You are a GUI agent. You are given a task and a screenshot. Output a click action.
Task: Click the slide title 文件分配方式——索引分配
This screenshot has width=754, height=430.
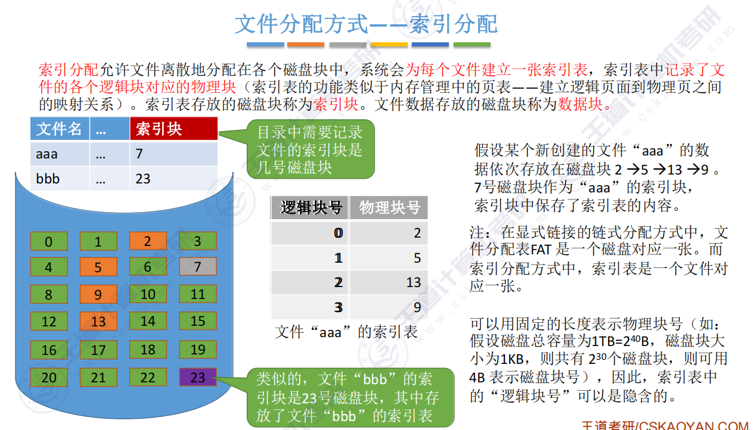pyautogui.click(x=366, y=24)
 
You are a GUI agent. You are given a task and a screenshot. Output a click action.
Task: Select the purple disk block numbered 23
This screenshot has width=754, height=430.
pyautogui.click(x=197, y=377)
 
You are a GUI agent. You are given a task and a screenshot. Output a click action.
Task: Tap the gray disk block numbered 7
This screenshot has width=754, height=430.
pyautogui.click(x=197, y=267)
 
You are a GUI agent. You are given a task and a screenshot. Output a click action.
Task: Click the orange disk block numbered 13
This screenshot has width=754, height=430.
pyautogui.click(x=98, y=322)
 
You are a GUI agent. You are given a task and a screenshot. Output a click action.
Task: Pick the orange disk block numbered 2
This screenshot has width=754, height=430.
pyautogui.click(x=148, y=241)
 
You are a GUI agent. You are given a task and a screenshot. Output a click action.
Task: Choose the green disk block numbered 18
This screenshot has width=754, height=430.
pyautogui.click(x=148, y=350)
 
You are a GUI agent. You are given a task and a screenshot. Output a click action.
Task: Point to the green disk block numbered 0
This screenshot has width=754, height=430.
pyautogui.click(x=49, y=241)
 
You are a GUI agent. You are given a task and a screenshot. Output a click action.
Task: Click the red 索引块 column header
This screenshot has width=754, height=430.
pyautogui.click(x=173, y=129)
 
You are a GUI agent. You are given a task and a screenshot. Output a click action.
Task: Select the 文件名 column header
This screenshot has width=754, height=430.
pyautogui.click(x=60, y=129)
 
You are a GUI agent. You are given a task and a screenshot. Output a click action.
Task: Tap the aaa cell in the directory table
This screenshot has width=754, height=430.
pyautogui.click(x=60, y=154)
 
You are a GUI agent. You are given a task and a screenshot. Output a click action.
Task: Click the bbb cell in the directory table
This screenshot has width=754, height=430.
pyautogui.click(x=60, y=179)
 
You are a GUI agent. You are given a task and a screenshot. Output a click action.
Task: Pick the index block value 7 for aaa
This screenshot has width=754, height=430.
pyautogui.click(x=139, y=154)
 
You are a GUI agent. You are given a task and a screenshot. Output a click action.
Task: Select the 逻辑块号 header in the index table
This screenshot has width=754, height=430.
pyautogui.click(x=310, y=208)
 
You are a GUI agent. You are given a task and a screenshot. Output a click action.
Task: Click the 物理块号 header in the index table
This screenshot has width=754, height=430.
pyautogui.click(x=389, y=208)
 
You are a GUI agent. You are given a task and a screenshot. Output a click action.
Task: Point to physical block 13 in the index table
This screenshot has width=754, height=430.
pyautogui.click(x=413, y=282)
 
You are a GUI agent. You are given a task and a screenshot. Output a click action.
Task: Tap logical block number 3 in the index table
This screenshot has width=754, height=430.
pyautogui.click(x=339, y=307)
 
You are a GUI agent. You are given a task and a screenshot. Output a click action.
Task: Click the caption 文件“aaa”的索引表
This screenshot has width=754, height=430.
pyautogui.click(x=346, y=332)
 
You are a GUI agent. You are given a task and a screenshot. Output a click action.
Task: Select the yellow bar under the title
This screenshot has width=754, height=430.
pyautogui.click(x=389, y=45)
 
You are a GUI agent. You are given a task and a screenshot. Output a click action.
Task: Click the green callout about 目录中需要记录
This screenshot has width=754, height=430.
pyautogui.click(x=311, y=149)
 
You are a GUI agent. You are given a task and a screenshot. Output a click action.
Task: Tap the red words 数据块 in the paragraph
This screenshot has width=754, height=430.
pyautogui.click(x=580, y=104)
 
